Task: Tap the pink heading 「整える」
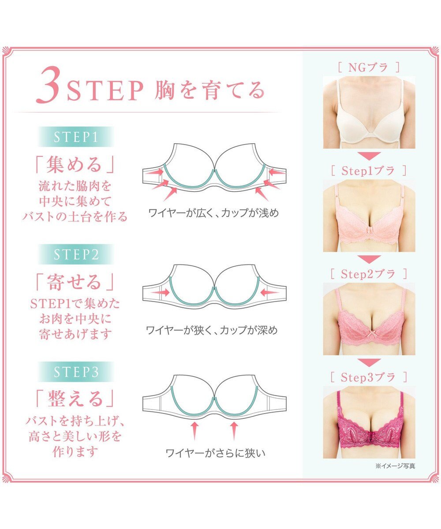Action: coord(75,399)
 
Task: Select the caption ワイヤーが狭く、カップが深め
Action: coord(212,330)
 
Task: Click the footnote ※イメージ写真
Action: coord(395,466)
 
